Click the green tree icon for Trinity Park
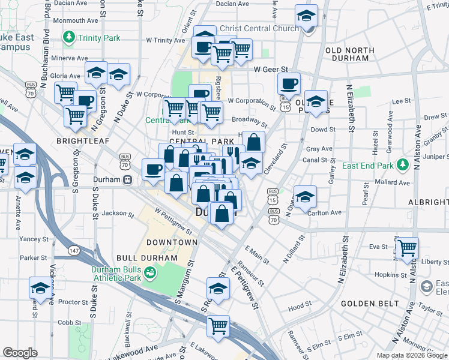69,38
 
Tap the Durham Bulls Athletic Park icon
150,273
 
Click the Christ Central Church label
259,28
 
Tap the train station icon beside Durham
127,180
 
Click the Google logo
20,353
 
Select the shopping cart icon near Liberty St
408,247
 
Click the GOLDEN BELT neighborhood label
366,304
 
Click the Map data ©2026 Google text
412,355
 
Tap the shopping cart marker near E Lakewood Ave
218,326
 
